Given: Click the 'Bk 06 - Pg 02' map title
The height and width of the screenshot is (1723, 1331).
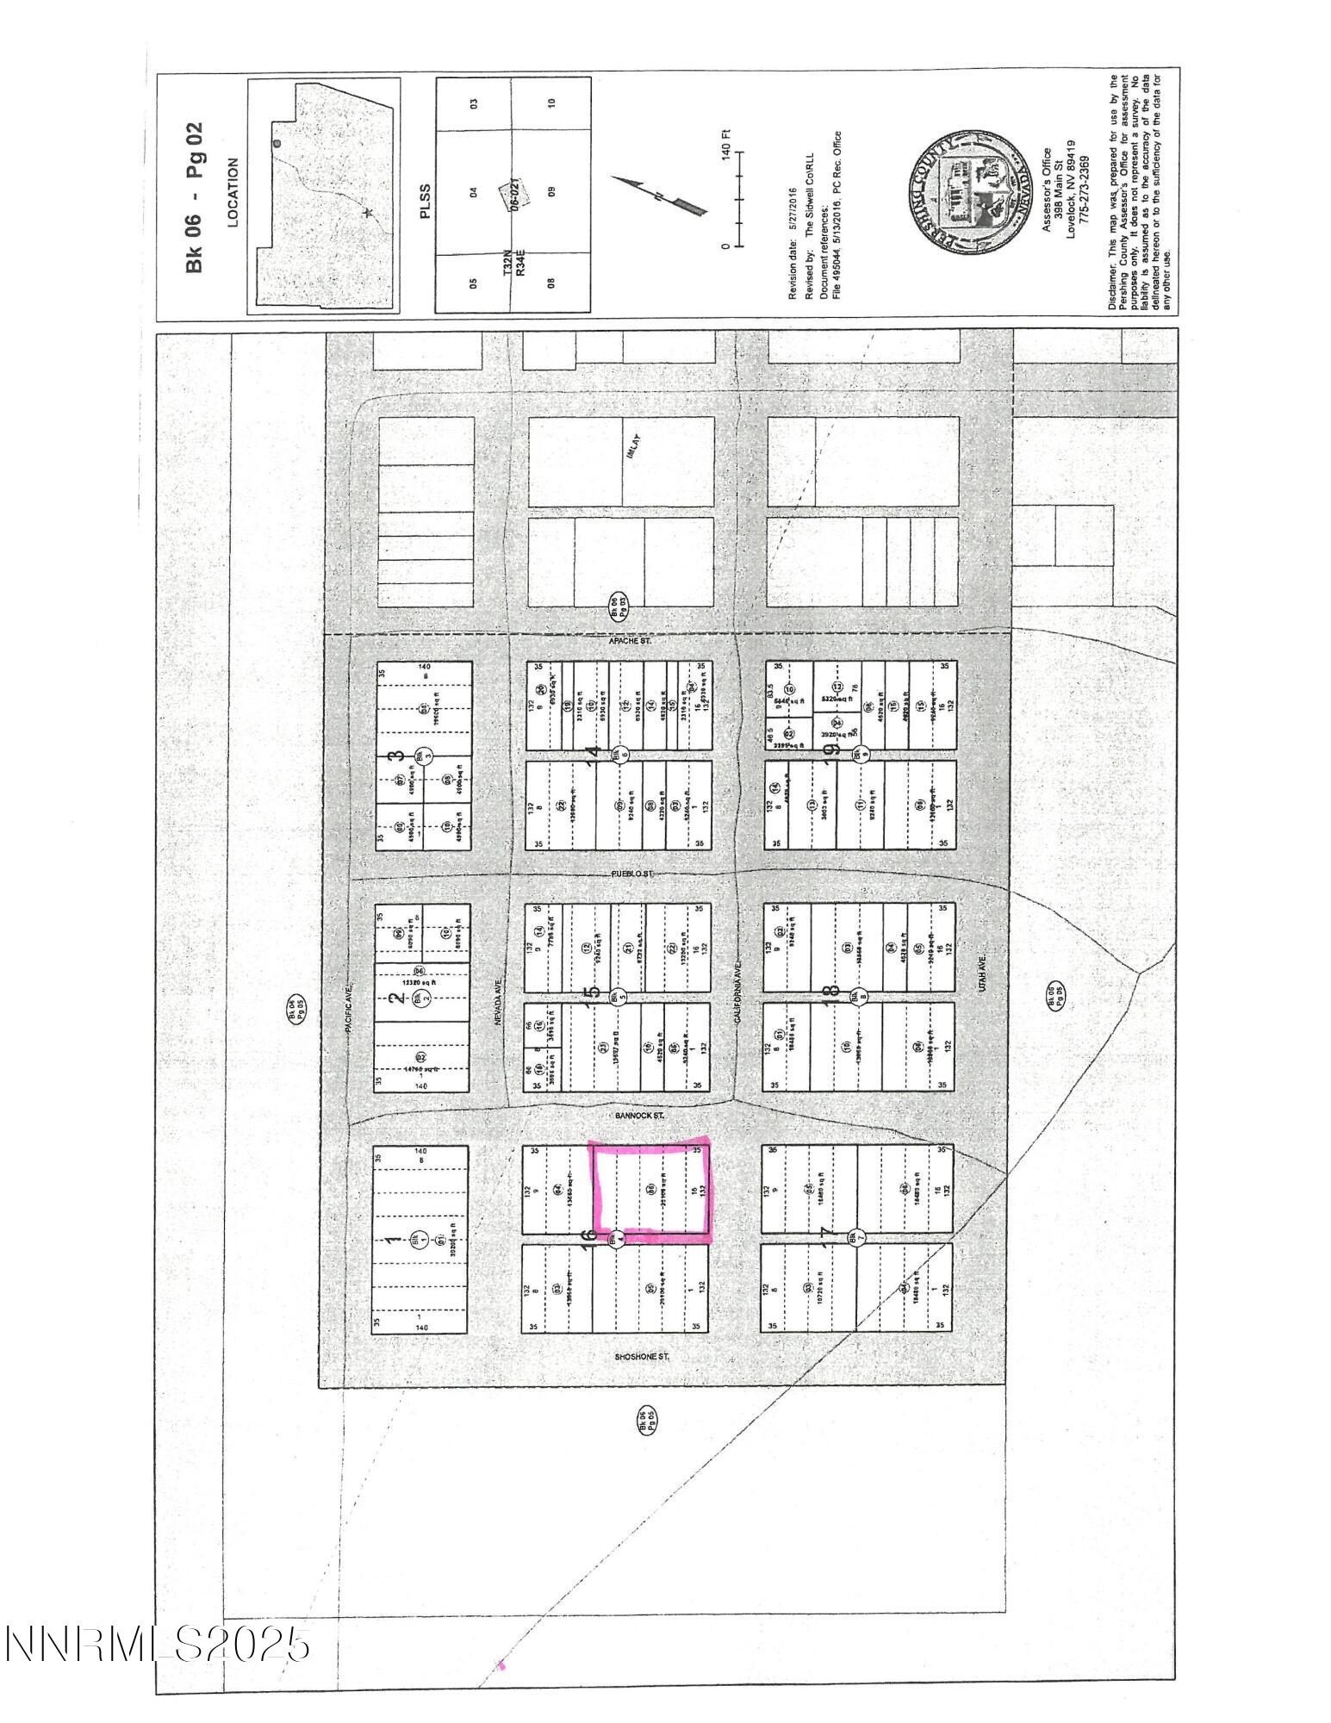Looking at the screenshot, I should (x=196, y=196).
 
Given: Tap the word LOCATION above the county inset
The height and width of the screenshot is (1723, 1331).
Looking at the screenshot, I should (x=233, y=192).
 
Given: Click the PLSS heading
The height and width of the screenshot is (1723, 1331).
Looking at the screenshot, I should (x=424, y=201).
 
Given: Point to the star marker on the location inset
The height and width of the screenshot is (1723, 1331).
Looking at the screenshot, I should (x=368, y=212).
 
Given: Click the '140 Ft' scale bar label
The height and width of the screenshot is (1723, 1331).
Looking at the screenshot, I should (x=725, y=143).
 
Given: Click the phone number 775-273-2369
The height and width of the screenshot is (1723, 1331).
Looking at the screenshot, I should (x=1085, y=193).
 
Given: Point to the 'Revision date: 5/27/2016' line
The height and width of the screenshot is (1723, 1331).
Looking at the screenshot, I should (x=793, y=244).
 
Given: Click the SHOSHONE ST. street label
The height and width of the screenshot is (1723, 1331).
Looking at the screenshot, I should (x=642, y=1357).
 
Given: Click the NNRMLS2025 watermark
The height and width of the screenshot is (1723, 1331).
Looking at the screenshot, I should (x=157, y=1645).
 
